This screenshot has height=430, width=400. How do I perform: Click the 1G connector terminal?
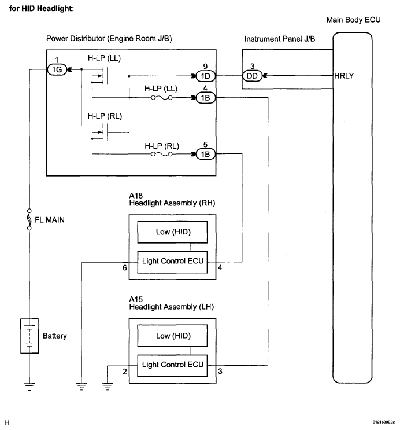pyautogui.click(x=57, y=69)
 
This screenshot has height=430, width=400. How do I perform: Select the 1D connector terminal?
pyautogui.click(x=205, y=76)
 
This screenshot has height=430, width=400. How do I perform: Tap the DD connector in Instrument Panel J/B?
pyautogui.click(x=253, y=76)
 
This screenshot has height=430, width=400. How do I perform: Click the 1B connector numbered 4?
pyautogui.click(x=205, y=98)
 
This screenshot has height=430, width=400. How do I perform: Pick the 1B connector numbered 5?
pyautogui.click(x=205, y=154)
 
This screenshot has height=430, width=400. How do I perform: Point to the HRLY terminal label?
pyautogui.click(x=344, y=76)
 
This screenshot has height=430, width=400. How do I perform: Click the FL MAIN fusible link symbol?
pyautogui.click(x=29, y=219)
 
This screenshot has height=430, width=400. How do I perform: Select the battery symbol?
pyautogui.click(x=29, y=336)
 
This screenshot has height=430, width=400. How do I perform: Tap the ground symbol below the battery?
pyautogui.click(x=29, y=387)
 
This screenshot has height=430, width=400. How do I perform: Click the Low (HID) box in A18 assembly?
pyautogui.click(x=172, y=232)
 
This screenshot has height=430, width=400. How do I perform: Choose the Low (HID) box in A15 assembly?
pyautogui.click(x=172, y=336)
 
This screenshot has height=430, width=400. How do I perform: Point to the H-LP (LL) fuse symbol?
pyautogui.click(x=162, y=98)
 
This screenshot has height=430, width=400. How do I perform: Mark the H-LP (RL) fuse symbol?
pyautogui.click(x=162, y=154)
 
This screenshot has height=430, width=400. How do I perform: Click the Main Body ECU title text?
pyautogui.click(x=353, y=20)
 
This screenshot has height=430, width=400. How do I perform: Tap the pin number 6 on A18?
pyautogui.click(x=125, y=267)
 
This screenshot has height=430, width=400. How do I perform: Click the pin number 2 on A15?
pyautogui.click(x=125, y=372)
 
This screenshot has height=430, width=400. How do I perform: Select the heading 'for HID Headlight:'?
pyautogui.click(x=42, y=9)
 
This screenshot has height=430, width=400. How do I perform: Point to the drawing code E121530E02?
pyautogui.click(x=384, y=422)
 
